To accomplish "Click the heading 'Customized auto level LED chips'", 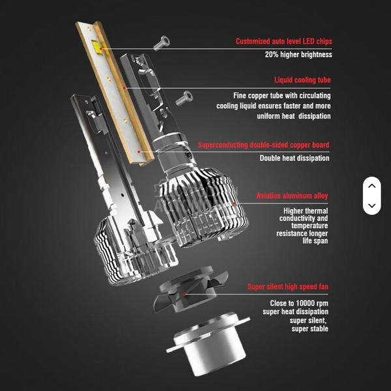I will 283,42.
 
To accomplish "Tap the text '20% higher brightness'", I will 298,55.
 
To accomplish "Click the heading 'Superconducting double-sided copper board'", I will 263,145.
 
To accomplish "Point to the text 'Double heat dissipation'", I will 295,158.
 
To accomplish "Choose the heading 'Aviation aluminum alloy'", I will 292,196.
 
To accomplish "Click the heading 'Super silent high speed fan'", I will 287,287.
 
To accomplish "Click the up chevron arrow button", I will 371,186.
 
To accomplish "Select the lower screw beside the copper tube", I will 184,97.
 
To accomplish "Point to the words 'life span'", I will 315,241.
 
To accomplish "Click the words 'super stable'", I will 310,328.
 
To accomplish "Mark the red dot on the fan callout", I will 184,294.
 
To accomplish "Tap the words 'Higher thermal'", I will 306,211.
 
